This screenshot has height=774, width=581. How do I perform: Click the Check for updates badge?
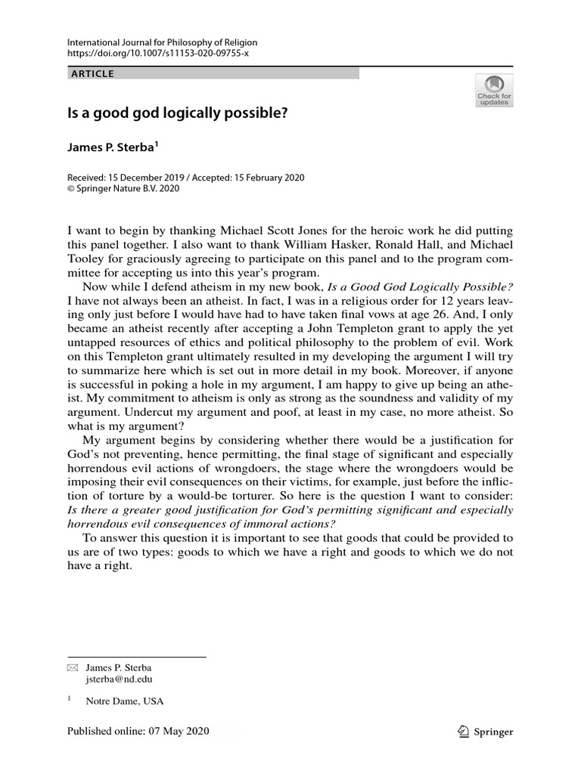coord(493,90)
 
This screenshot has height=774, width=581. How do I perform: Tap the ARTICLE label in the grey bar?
coord(93,74)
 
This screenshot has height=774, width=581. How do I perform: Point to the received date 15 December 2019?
coord(151,178)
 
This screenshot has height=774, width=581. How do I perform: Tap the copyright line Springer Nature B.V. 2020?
coord(126,189)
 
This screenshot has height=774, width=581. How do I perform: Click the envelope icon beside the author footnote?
coord(73,668)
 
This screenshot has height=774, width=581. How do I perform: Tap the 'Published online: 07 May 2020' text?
coord(138,732)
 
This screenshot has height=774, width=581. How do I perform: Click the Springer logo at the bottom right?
coord(485,732)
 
